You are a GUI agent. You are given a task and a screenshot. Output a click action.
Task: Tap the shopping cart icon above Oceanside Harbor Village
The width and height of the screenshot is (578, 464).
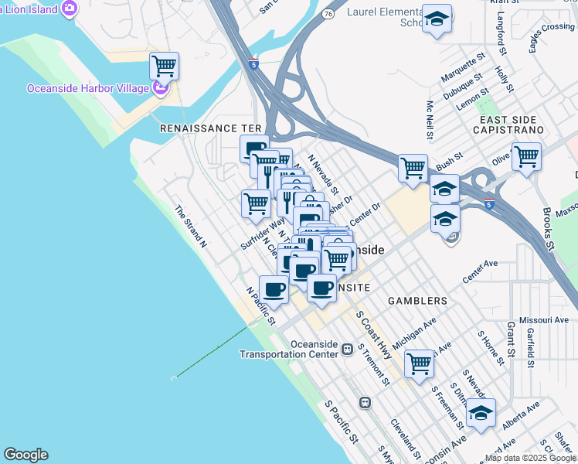(164, 67)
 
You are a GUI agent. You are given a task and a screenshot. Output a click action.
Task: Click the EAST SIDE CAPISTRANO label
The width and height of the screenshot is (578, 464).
(522, 125)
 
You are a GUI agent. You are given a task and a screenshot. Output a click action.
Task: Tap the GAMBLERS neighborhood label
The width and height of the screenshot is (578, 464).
(417, 300)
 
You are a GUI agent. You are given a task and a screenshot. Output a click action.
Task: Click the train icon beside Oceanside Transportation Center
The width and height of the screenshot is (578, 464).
(348, 350)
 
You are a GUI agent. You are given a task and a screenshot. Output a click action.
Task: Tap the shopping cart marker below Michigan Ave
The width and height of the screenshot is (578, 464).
(419, 362)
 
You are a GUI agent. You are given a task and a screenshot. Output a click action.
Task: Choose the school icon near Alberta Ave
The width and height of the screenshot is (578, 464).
(481, 413)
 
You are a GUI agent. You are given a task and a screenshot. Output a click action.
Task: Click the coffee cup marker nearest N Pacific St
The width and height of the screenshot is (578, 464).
(272, 289)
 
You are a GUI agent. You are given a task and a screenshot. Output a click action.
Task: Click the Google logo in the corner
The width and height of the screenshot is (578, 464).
(25, 455)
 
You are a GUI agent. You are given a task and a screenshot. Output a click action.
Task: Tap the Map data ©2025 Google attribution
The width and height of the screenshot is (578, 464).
(530, 458)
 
